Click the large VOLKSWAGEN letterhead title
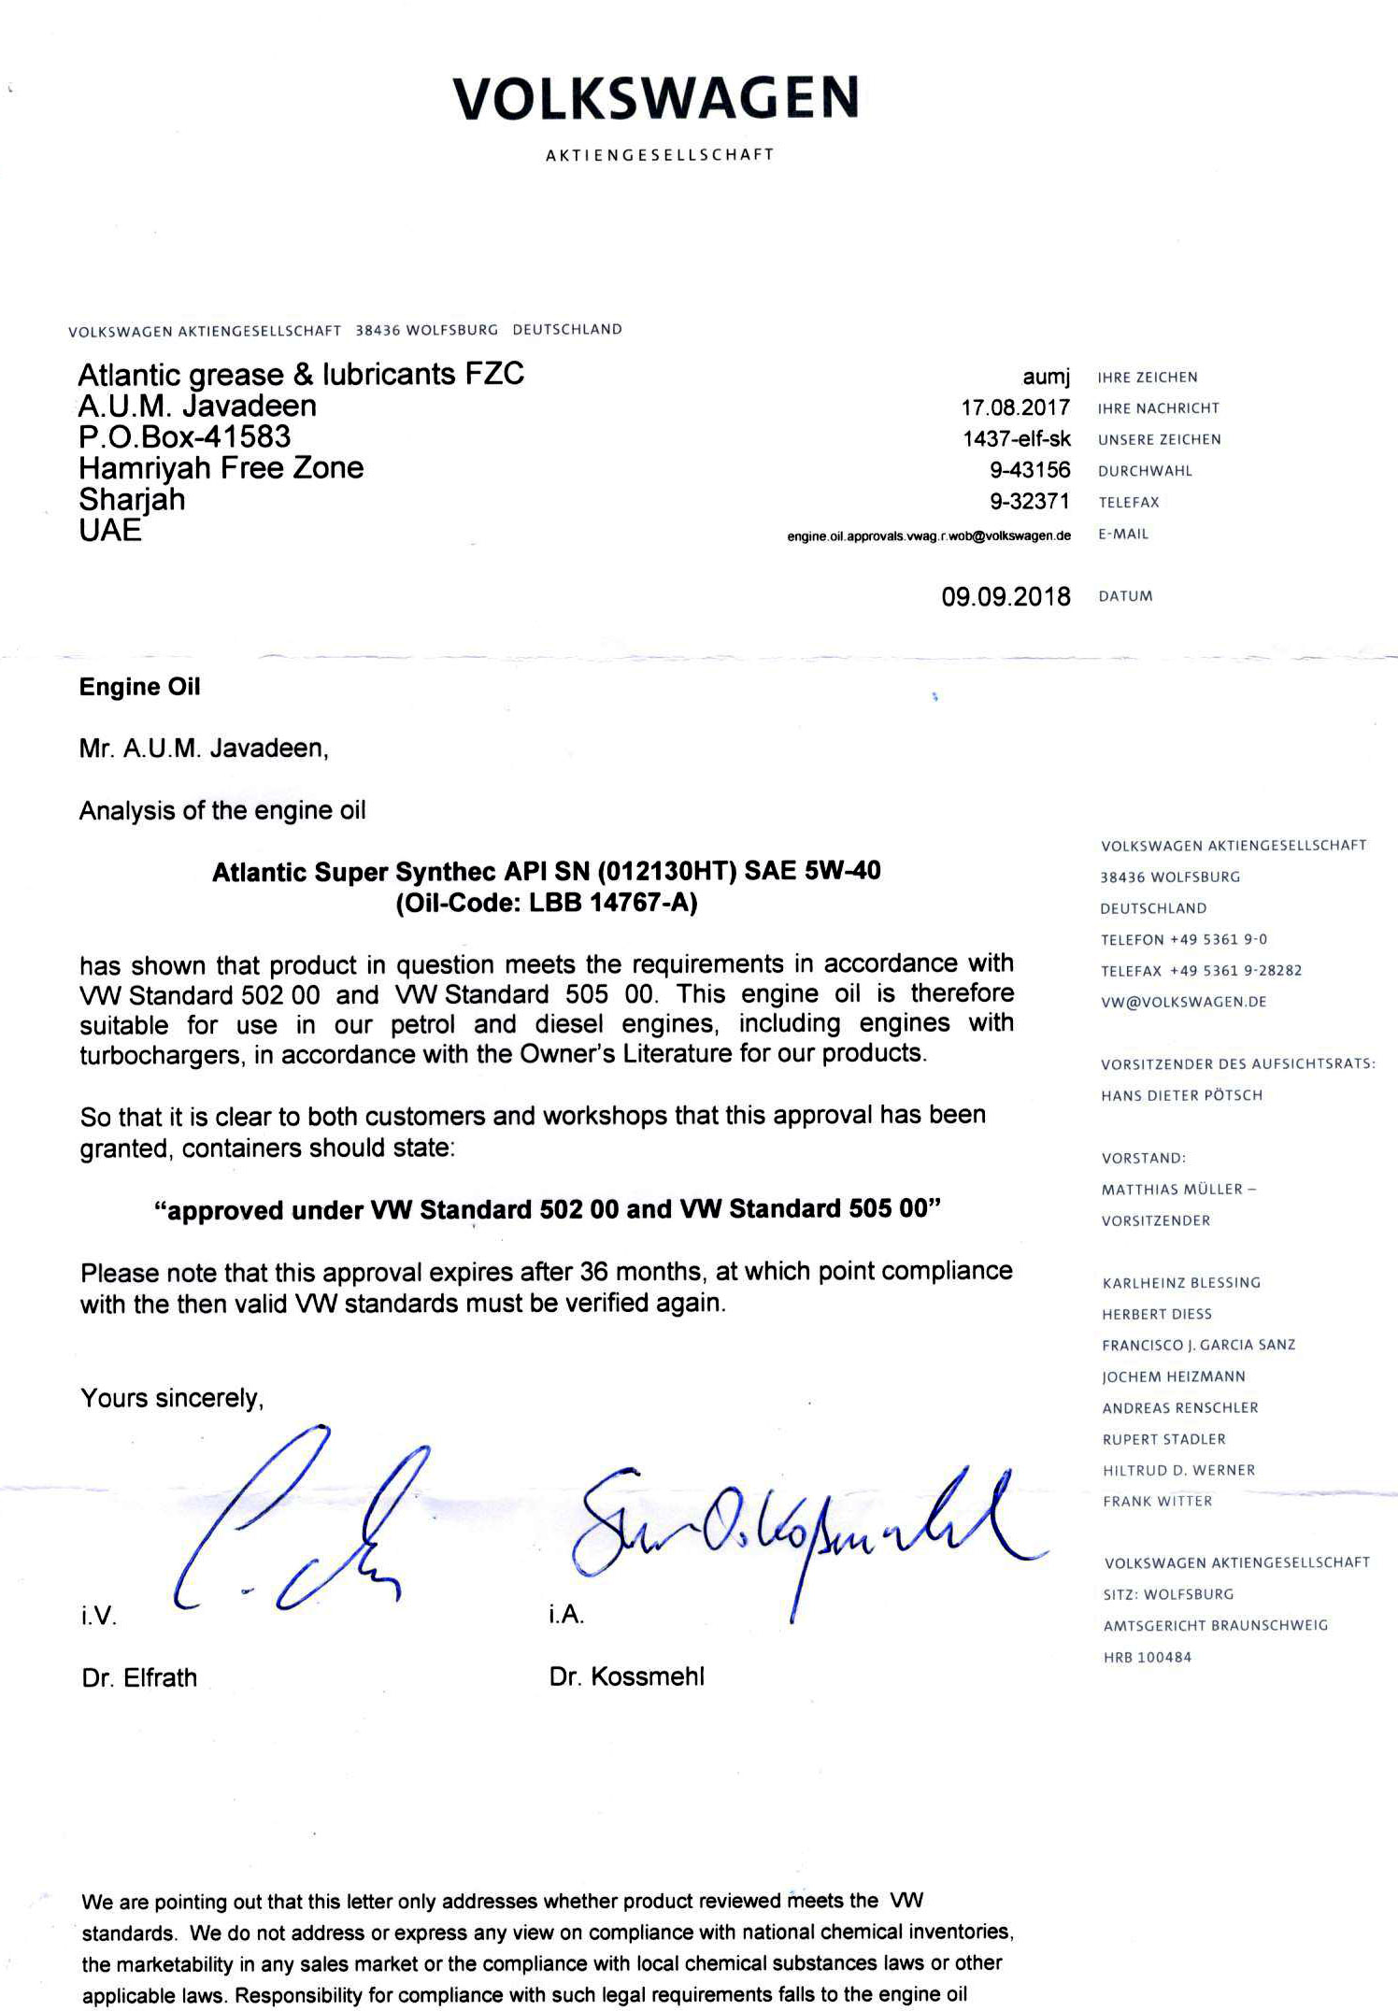click(655, 99)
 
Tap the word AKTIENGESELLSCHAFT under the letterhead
click(660, 155)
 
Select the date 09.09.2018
click(1006, 597)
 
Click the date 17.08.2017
click(1015, 408)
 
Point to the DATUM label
click(1125, 597)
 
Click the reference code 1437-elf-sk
click(1017, 439)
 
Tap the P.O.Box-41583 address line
click(184, 436)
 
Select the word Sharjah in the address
click(132, 499)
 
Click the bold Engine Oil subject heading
click(139, 687)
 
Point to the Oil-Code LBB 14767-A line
click(547, 904)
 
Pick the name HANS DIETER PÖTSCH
click(1181, 1095)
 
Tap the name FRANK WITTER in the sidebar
click(1157, 1501)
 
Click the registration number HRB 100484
click(1147, 1658)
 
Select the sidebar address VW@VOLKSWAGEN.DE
click(1183, 1002)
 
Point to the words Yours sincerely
click(172, 1398)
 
